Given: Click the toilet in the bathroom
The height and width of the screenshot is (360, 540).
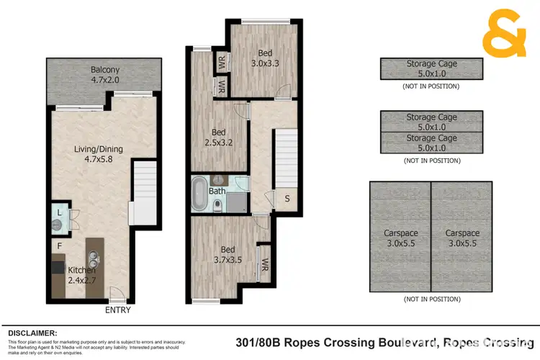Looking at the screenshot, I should point(218,205).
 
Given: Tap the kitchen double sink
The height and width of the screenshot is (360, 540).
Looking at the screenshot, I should point(94,257).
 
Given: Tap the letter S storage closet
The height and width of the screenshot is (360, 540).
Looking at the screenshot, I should point(287,198).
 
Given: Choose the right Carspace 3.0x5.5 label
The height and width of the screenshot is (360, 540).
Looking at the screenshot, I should point(462,238).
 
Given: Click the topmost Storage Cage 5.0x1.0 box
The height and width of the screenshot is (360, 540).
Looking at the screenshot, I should point(431,68).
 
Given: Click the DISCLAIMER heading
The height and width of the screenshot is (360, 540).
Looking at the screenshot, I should point(32,333).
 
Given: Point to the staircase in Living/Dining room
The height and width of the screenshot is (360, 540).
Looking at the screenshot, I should point(145,180).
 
